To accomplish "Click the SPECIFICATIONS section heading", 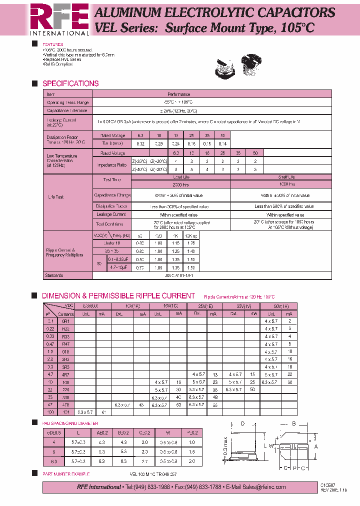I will pyautogui.click(x=70, y=83).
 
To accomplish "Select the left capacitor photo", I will pyautogui.click(x=224, y=67).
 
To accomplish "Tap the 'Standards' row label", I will pyautogui.click(x=55, y=275).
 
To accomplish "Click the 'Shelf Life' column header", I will pyautogui.click(x=287, y=177).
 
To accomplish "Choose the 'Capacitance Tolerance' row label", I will pyautogui.click(x=66, y=110).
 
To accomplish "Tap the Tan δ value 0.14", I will pyautogui.click(x=223, y=143).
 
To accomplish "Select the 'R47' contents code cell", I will pyautogui.click(x=65, y=344).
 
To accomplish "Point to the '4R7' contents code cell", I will pyautogui.click(x=65, y=373).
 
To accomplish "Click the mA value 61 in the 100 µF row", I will pyautogui.click(x=103, y=412).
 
